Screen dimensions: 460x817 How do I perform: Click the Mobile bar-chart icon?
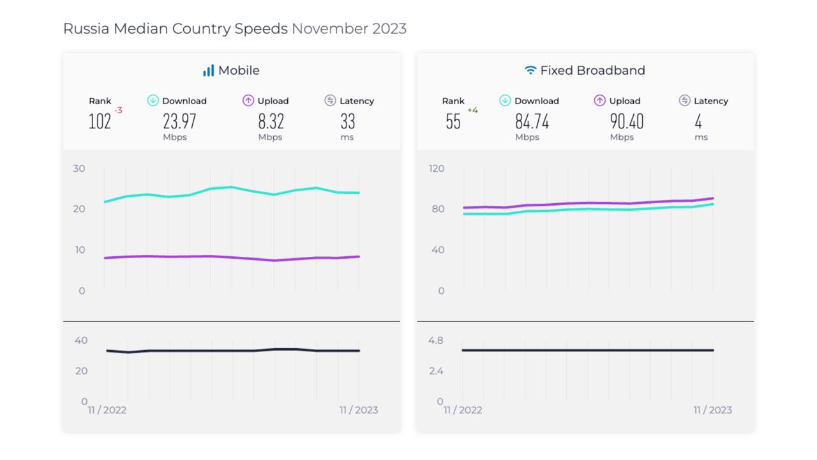208,70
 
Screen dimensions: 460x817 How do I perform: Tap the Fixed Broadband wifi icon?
530,70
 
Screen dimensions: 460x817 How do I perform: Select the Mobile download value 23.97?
179,121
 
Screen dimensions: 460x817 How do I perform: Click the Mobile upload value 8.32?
271,121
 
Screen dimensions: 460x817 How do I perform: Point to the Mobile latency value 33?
347,121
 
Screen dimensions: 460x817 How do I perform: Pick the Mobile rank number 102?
100,121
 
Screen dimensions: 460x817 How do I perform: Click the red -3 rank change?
118,111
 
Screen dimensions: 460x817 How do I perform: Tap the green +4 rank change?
472,111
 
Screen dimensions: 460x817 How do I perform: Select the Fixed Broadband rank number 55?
453,121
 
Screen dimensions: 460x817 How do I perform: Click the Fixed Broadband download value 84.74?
532,121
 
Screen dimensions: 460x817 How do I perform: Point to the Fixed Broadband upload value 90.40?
626,121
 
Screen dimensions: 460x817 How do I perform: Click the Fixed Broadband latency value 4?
698,121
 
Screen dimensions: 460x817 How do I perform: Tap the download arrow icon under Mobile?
153,100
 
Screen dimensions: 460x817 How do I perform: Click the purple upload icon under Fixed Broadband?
599,100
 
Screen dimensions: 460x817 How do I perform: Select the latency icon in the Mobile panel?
330,100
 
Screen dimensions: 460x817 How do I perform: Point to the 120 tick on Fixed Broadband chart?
437,169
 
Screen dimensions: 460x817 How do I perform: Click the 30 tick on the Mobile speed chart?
79,169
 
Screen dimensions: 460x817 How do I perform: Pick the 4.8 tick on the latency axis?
436,341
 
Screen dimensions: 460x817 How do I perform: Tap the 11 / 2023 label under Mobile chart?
359,410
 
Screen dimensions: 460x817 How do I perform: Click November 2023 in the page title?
349,29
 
